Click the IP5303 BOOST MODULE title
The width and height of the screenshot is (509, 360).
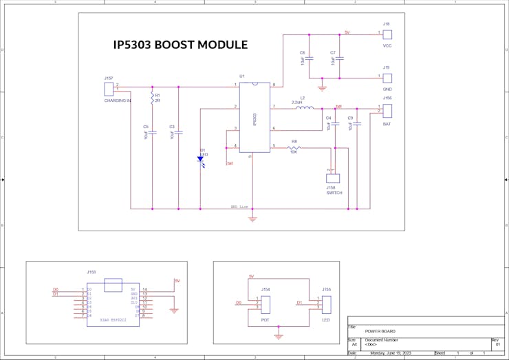180,45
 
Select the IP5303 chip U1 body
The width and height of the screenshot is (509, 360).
254,117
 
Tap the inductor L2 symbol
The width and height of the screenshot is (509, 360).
304,107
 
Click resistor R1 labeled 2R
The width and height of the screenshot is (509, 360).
152,99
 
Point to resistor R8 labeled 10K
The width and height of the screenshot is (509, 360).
294,147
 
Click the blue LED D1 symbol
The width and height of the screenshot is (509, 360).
201,159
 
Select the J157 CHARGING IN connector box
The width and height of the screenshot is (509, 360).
108,89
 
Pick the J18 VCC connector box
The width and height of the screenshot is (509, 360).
387,34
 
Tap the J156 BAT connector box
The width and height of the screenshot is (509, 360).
387,110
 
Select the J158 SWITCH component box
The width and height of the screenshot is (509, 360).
333,178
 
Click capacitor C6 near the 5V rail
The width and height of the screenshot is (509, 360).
309,59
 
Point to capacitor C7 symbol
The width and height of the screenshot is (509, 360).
340,59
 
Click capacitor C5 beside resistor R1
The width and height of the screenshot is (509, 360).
152,132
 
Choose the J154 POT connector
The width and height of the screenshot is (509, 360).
266,304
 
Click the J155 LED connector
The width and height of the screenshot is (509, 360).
326,304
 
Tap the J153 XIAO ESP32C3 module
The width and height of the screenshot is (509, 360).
112,303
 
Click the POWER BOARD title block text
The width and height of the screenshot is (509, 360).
380,331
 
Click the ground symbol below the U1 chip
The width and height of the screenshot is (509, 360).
252,219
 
